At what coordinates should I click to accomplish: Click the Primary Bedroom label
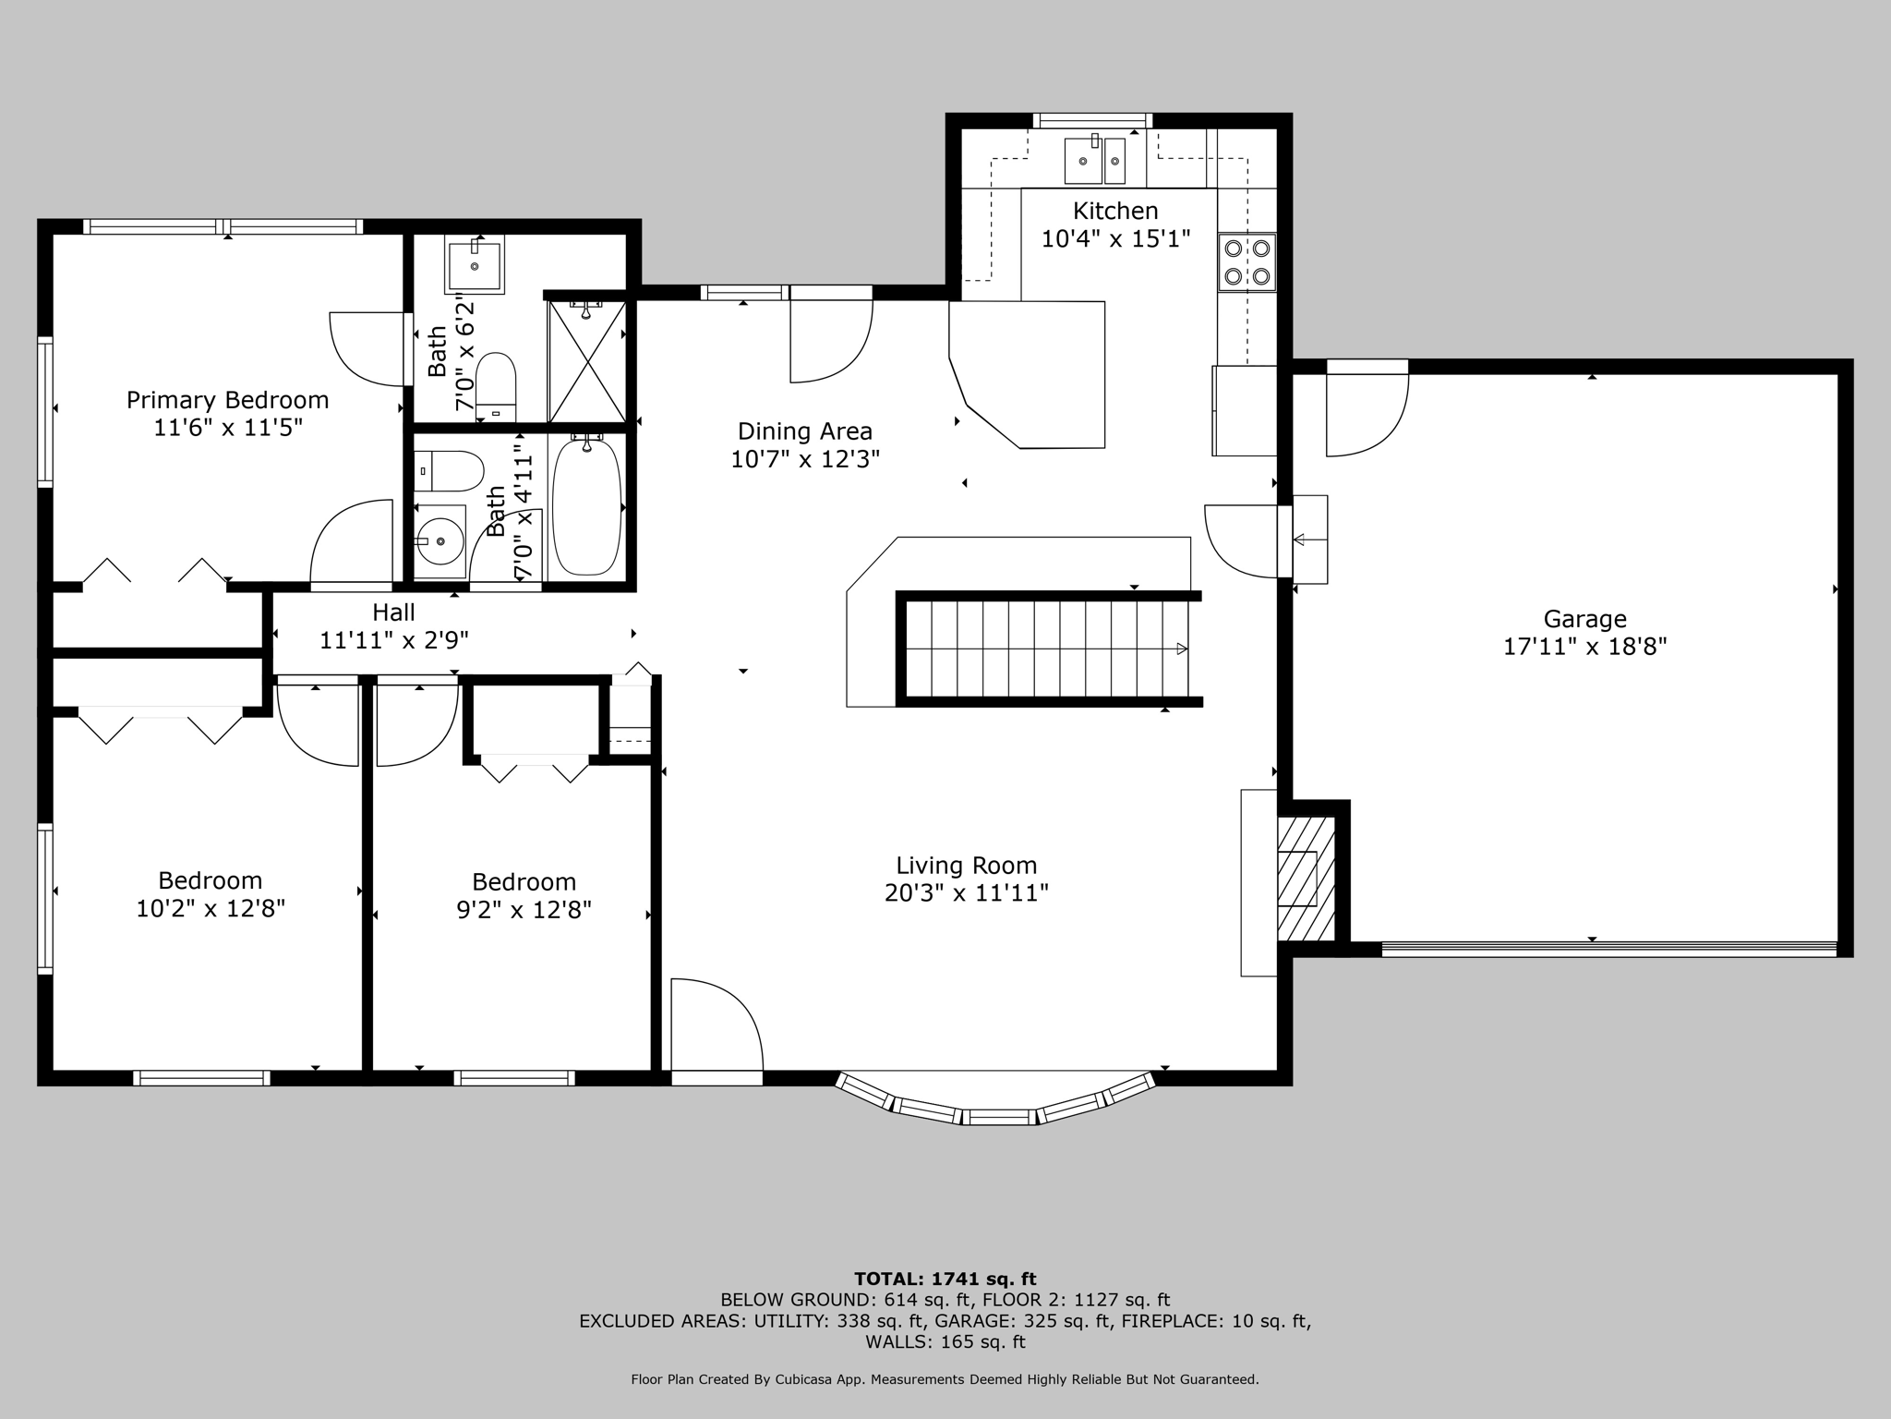[x=227, y=400]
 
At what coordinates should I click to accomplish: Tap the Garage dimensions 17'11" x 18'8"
[x=1584, y=646]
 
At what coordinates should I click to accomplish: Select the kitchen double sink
[x=1095, y=160]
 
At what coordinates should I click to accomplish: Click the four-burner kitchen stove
[x=1247, y=261]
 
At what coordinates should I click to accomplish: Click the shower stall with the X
[x=587, y=360]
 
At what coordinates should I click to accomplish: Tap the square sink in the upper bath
[x=475, y=266]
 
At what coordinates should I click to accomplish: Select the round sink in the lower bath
[x=440, y=540]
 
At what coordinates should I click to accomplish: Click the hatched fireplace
[x=1306, y=879]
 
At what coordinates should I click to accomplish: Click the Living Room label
[x=967, y=866]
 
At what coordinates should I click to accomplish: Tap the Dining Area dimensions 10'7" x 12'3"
[x=805, y=459]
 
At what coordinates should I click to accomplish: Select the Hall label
[x=393, y=612]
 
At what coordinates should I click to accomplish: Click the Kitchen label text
[x=1115, y=211]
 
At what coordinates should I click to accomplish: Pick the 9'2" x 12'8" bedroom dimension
[x=524, y=910]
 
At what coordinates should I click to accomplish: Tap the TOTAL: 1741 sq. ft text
[x=945, y=1280]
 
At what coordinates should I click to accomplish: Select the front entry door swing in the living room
[x=717, y=1026]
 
